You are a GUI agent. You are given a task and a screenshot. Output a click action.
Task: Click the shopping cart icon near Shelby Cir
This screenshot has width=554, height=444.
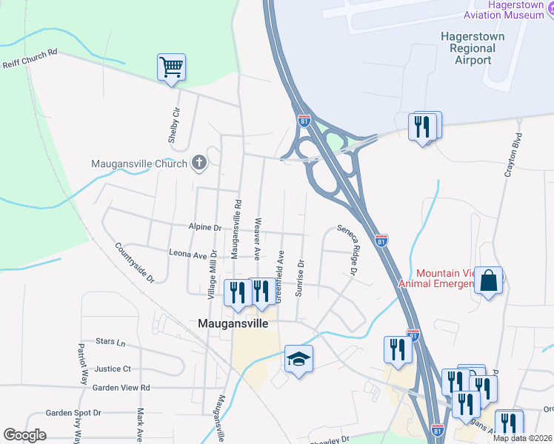tap(171, 68)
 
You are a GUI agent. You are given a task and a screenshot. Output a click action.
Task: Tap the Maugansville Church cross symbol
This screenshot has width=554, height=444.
tap(198, 164)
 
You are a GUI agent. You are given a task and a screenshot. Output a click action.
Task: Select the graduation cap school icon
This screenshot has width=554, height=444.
tap(298, 359)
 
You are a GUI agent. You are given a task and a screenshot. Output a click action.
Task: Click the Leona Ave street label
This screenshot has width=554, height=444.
tap(187, 254)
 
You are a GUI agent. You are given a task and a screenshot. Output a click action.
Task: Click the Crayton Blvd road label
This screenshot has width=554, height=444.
tap(513, 156)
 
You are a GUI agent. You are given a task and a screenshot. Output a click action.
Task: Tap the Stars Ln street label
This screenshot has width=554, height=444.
tap(110, 342)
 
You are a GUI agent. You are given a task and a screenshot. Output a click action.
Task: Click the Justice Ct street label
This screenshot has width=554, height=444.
tap(113, 369)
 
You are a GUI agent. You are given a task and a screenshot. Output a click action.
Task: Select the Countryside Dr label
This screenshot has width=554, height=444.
tap(134, 263)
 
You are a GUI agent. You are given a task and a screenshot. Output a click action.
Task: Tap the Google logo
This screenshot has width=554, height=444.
tap(24, 435)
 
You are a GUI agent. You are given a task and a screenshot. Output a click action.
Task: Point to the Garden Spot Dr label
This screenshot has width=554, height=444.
tap(73, 413)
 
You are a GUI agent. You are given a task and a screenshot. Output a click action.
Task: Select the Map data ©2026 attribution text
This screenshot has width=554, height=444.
tap(521, 438)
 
